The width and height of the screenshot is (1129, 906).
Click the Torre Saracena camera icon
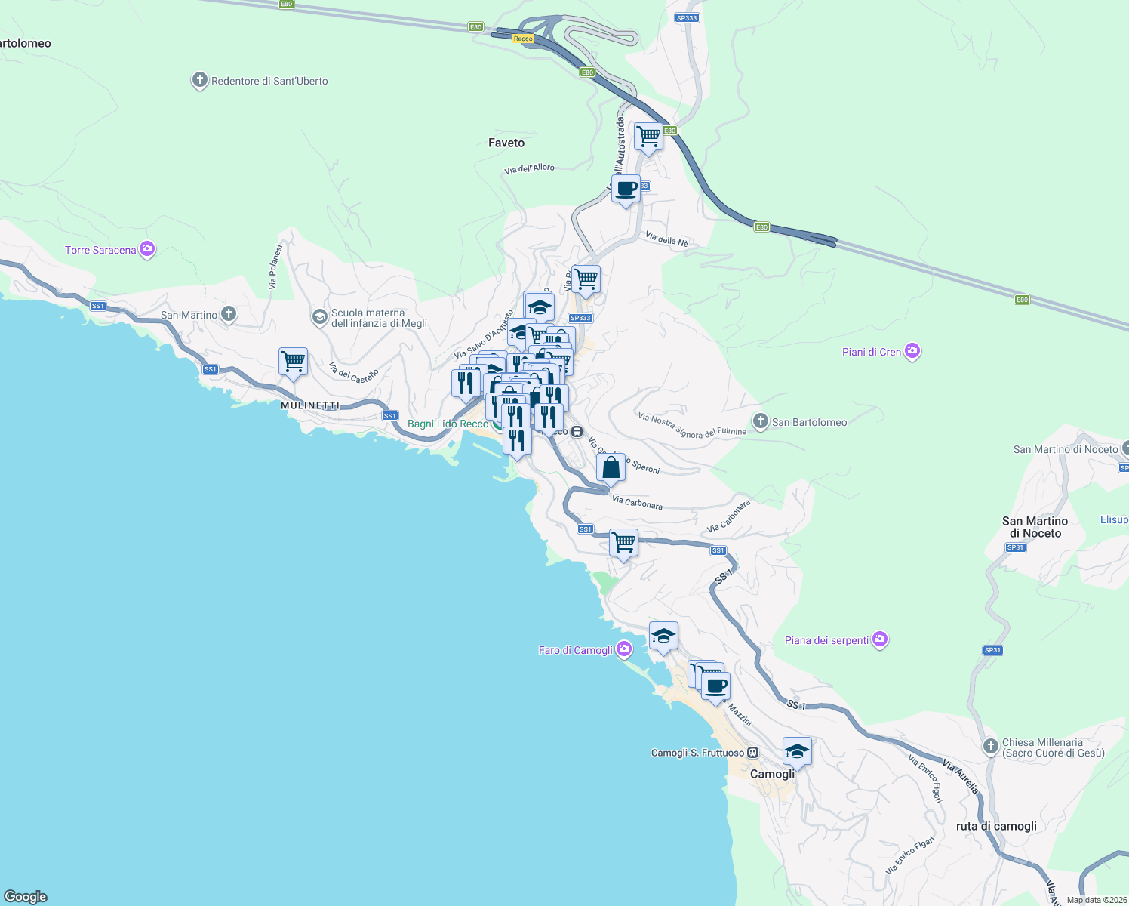pyautogui.click(x=147, y=249)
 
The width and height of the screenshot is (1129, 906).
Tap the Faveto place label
pyautogui.click(x=506, y=143)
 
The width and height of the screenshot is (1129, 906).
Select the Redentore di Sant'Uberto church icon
pyautogui.click(x=199, y=80)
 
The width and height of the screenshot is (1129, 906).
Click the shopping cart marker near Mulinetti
pyautogui.click(x=293, y=362)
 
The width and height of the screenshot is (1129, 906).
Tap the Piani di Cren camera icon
pyautogui.click(x=912, y=351)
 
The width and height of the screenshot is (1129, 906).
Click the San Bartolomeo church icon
pyautogui.click(x=761, y=421)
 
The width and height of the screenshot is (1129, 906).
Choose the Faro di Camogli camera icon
pyautogui.click(x=623, y=649)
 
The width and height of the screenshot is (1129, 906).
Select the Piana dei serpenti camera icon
pyautogui.click(x=879, y=639)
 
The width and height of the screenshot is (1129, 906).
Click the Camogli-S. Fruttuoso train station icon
pyautogui.click(x=752, y=753)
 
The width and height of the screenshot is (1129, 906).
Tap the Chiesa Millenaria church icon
pyautogui.click(x=991, y=747)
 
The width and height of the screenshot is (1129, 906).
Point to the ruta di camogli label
pyautogui.click(x=996, y=826)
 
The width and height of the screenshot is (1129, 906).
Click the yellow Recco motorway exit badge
pyautogui.click(x=523, y=39)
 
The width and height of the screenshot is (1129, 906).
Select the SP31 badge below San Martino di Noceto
pyautogui.click(x=1015, y=547)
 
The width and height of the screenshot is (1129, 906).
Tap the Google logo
pyautogui.click(x=26, y=896)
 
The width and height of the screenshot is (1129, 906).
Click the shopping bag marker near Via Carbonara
pyautogui.click(x=611, y=467)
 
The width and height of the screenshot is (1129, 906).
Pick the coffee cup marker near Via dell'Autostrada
pyautogui.click(x=626, y=189)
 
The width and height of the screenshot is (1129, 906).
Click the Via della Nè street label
pyautogui.click(x=666, y=239)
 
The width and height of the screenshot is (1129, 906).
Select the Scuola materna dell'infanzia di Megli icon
pyautogui.click(x=320, y=316)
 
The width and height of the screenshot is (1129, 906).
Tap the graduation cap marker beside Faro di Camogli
pyautogui.click(x=663, y=636)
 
